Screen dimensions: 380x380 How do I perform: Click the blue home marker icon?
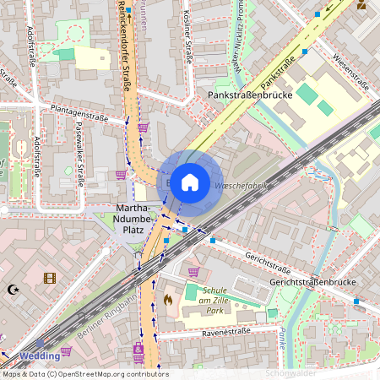(190, 182)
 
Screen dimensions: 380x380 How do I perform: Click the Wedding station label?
(41, 356)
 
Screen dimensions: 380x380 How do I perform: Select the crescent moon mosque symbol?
(13, 289)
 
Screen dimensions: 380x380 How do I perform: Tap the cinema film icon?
(50, 278)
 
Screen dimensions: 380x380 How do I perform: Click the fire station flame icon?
(167, 299)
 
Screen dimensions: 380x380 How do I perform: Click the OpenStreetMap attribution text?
(84, 373)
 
